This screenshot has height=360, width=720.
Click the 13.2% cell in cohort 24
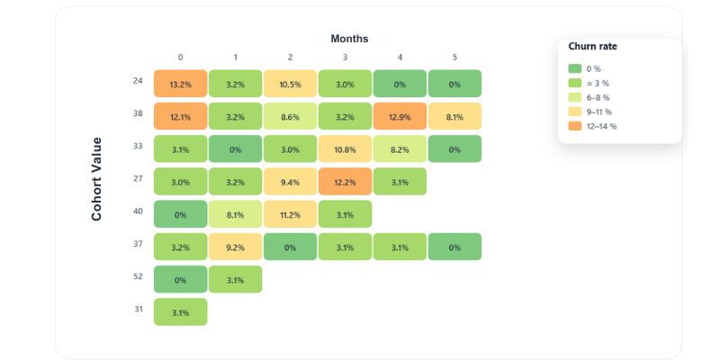[x=180, y=83]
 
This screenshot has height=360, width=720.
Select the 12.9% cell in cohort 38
[x=400, y=116]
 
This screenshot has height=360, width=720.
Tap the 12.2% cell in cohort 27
[x=345, y=182]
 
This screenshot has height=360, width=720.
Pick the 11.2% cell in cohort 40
[x=290, y=214]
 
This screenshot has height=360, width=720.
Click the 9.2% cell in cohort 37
[x=235, y=247]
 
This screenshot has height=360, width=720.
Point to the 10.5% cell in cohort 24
[x=290, y=83]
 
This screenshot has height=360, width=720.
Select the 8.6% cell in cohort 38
[x=290, y=116]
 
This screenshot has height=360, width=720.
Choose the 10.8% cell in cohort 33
[x=345, y=148]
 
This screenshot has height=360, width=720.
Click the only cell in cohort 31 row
[x=180, y=312]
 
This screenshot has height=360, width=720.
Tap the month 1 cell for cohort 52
[x=235, y=280]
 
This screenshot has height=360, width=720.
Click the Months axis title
[x=349, y=39]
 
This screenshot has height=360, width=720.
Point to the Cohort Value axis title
[x=96, y=179]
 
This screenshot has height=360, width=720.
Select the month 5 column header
[x=454, y=58]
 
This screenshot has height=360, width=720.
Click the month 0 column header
[x=180, y=58]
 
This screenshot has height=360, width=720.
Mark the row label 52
[x=138, y=277]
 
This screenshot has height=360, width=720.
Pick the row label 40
[x=138, y=211]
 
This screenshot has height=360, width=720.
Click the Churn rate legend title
[x=592, y=46]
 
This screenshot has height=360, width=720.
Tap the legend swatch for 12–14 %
[x=575, y=126]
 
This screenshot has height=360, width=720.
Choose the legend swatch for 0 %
[x=575, y=68]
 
